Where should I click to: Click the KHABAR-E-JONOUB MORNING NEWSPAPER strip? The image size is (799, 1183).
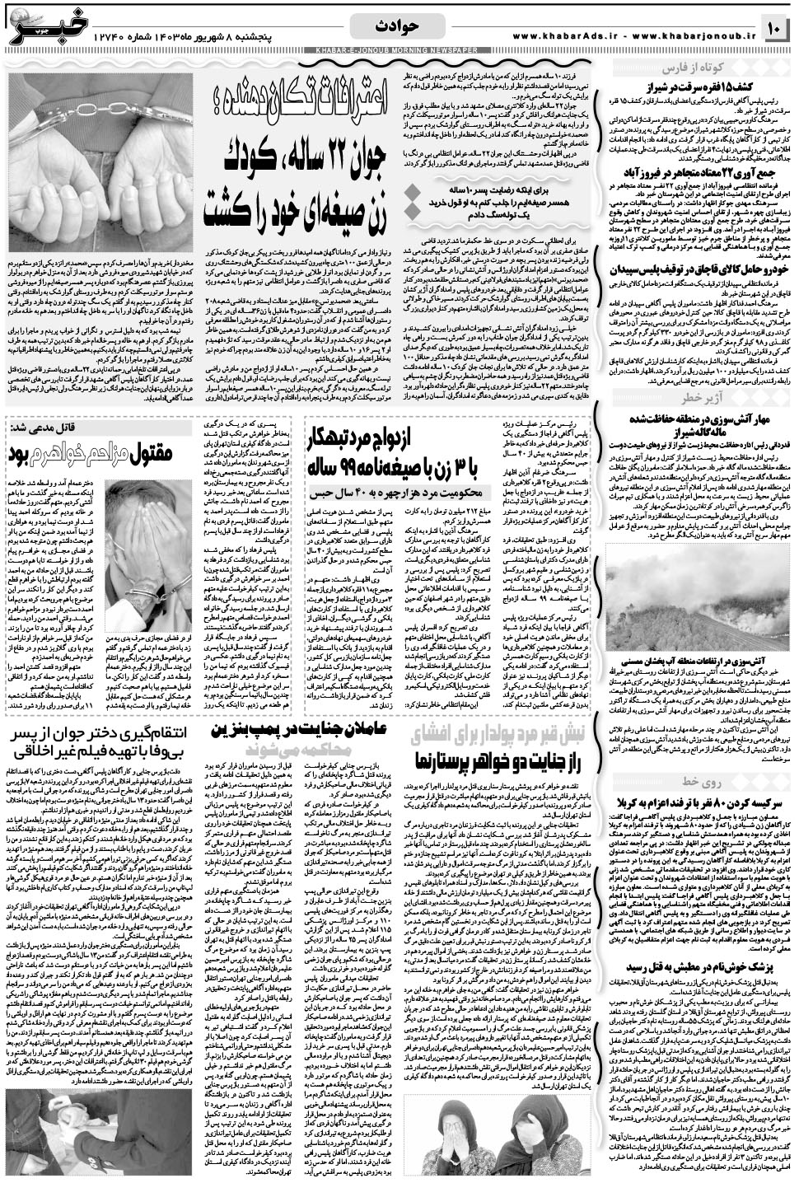click(399, 52)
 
